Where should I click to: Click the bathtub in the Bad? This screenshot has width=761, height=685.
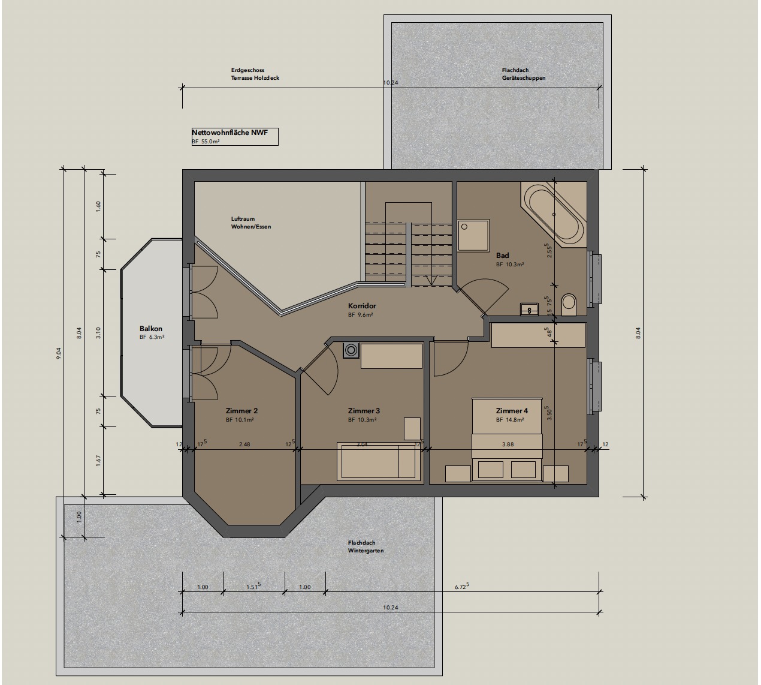coord(554,215)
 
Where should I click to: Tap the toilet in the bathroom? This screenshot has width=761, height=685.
coord(568,304)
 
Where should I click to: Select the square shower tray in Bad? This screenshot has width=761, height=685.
coord(473,235)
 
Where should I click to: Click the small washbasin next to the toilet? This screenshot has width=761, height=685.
coord(529,309)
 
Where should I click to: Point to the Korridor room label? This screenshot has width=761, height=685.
coord(362,306)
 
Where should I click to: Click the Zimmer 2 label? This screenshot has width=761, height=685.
coord(241,411)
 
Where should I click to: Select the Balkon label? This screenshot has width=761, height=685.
coord(151,329)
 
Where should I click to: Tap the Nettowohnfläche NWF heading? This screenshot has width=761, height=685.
coord(230,133)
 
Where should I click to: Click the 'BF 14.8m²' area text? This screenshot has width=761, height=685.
coord(510,420)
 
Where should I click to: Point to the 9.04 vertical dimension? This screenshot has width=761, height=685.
coord(59,353)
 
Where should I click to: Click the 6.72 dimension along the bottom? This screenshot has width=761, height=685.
coord(461,586)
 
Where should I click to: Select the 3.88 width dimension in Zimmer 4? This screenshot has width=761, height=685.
coord(508,444)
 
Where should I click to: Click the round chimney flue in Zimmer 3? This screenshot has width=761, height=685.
coord(351,350)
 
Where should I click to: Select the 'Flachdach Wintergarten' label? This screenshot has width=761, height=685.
coord(366,546)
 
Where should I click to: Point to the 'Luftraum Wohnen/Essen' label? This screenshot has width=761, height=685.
coord(251,223)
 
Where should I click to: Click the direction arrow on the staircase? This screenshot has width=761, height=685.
coord(430,280)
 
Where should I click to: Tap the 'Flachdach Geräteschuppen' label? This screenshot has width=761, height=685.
coord(524,74)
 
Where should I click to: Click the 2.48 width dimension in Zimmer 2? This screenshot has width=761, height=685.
coord(244,444)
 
